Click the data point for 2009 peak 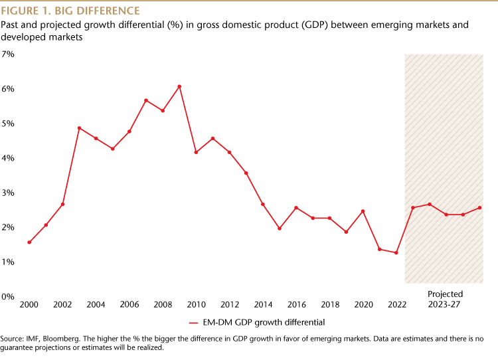[x=179, y=86]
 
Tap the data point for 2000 [x=29, y=242]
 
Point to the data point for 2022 [x=396, y=253]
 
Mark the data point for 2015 [x=280, y=228]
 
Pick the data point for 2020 [x=363, y=211]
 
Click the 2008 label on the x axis [x=163, y=305]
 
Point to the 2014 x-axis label [x=263, y=305]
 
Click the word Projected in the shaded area [x=445, y=294]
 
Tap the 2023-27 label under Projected [x=445, y=304]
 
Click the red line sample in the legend [x=194, y=323]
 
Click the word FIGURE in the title [x=21, y=11]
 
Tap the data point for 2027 [x=479, y=208]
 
